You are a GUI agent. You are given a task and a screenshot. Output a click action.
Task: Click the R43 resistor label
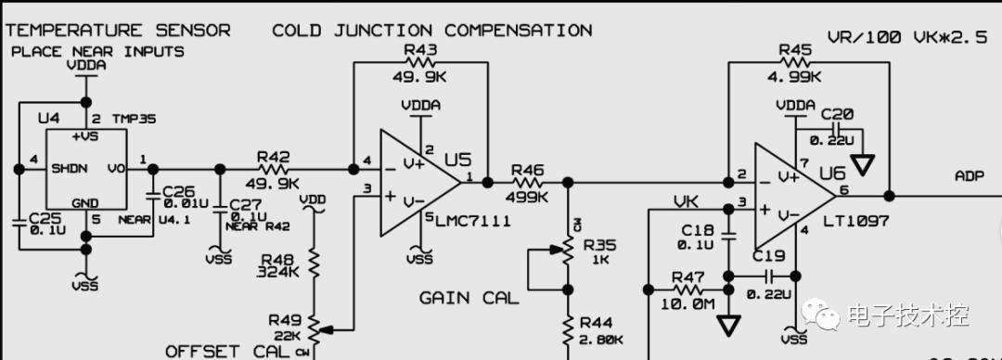(420, 49)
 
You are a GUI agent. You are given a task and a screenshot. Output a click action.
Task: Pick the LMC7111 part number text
(472, 220)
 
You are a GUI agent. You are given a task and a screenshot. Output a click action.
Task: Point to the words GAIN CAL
(469, 298)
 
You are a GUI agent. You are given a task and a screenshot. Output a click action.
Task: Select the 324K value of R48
(279, 272)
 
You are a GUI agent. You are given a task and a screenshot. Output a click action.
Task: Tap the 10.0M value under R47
(687, 305)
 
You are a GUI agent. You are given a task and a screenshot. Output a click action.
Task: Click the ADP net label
(971, 176)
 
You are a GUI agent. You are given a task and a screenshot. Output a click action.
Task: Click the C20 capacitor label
(836, 114)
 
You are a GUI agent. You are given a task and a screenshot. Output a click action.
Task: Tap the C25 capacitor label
(44, 217)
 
